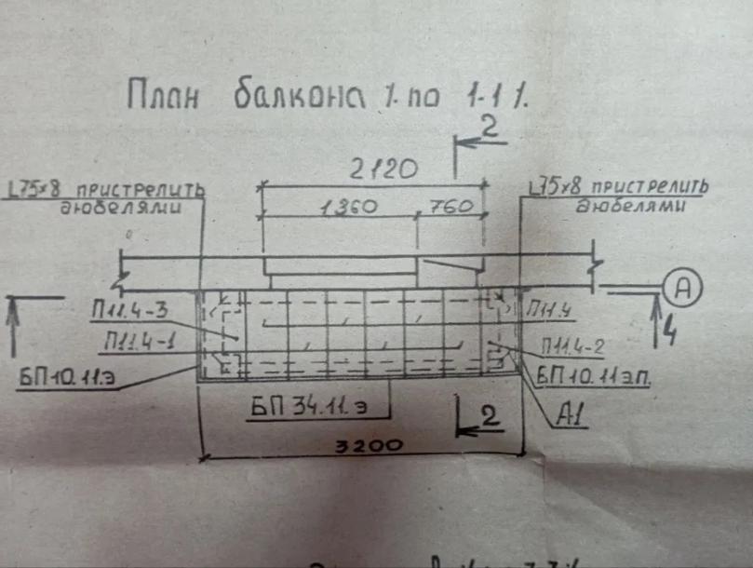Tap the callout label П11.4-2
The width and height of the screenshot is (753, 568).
(574, 348)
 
